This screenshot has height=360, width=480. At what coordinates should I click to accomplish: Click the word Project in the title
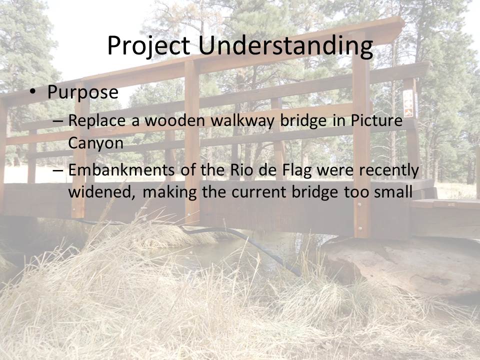148,46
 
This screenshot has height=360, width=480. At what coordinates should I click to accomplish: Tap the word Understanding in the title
285,46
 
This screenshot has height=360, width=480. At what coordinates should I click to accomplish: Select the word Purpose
82,92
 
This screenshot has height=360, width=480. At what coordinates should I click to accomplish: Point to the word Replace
96,120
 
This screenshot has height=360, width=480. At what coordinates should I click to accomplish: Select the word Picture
376,120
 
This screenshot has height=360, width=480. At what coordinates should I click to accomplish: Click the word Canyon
95,143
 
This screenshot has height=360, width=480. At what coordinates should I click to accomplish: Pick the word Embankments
121,170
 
